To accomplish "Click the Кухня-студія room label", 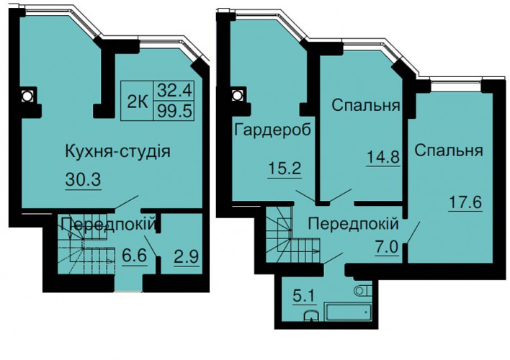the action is point(117,152).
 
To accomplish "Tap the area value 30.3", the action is point(84,179).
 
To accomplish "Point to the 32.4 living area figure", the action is point(174,91).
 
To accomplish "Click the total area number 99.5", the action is point(174,112).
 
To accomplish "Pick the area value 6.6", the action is point(134,256).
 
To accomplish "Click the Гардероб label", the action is point(272,130).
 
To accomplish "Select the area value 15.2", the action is point(285,168).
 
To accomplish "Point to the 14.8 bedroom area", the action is point(383,157).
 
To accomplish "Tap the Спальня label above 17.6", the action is point(449,151).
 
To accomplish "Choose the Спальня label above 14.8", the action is point(366,105).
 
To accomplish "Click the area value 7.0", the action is point(388,248).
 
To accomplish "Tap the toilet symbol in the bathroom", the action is point(363,290).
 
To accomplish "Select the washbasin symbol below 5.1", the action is point(312,315).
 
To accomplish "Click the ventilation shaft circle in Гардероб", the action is point(238,96).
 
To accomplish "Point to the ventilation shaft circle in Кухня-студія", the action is point(27,96).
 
